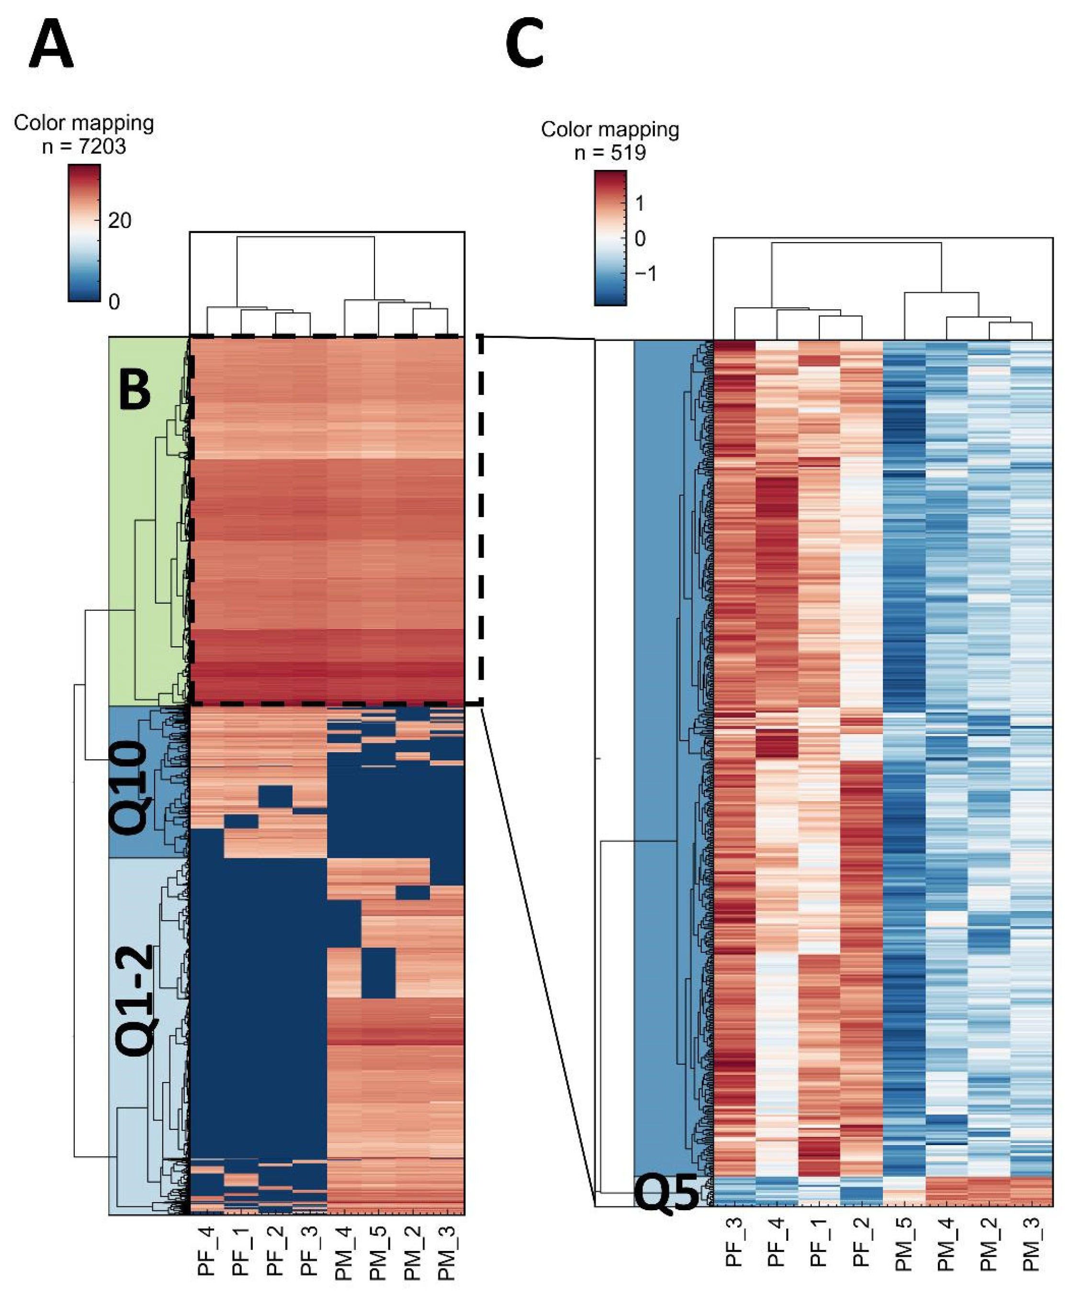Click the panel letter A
51,45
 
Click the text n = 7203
84,146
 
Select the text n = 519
610,153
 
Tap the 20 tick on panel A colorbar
119,220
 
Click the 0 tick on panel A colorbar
113,302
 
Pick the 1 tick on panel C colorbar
639,203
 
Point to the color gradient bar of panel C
610,238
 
